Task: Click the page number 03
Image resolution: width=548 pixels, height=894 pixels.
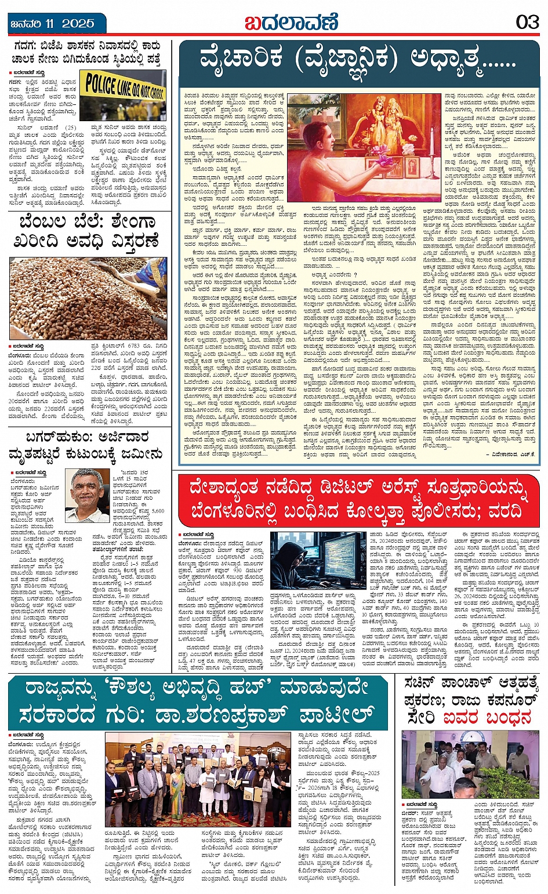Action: point(527,23)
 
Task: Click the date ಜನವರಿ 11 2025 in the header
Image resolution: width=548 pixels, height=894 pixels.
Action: point(53,24)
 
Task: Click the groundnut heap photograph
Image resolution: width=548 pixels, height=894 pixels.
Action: point(87,298)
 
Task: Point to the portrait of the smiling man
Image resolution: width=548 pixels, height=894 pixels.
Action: point(88,495)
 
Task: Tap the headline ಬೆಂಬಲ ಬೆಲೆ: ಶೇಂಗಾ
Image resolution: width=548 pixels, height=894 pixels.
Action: point(88,223)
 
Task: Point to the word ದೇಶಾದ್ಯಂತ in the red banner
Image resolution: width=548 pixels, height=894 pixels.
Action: point(225,491)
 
